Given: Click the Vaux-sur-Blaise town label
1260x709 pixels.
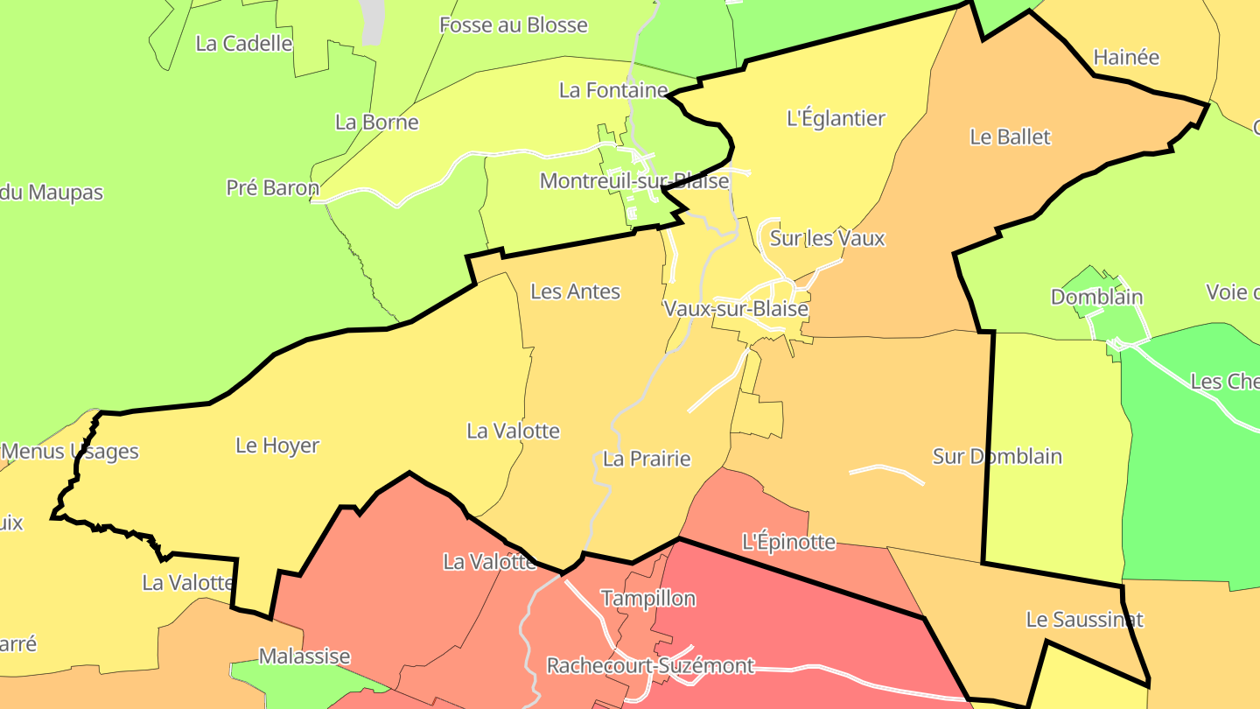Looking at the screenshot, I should (736, 308).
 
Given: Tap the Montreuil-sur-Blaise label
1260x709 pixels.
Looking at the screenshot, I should (633, 181).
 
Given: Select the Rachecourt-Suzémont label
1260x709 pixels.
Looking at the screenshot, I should (650, 666).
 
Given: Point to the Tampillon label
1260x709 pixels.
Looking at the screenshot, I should (647, 599).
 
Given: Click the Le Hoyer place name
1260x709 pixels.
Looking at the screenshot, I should (277, 446).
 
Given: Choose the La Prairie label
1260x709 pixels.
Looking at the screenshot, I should (647, 459).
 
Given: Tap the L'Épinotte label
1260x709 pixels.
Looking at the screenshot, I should (788, 542).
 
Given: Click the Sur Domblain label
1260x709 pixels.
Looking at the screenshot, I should (997, 456).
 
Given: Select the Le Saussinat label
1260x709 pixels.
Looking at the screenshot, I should (1084, 620).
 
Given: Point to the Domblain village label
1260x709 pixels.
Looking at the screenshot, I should (1096, 297).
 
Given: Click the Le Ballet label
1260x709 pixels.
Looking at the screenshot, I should (1010, 137).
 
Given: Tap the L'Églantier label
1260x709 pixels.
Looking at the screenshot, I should (836, 118).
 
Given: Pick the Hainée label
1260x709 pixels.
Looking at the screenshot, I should (1126, 58).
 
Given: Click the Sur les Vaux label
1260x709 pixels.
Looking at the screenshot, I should (827, 238).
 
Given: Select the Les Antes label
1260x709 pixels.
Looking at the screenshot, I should (575, 291).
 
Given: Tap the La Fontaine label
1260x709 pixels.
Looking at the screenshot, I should (612, 90).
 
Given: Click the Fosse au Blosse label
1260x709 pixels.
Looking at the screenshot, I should (513, 25).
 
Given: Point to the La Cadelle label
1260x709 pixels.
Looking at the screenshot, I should (243, 44).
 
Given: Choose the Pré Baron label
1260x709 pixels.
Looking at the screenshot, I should (272, 187).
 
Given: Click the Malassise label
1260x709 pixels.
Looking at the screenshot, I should (304, 656).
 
